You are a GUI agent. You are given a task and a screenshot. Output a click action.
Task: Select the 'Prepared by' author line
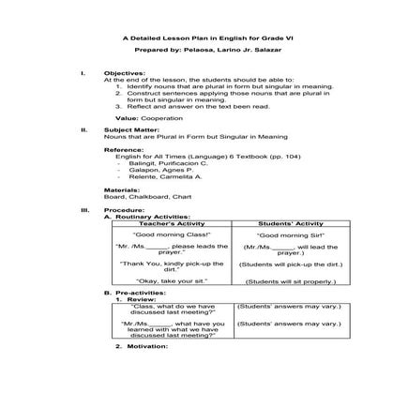click(x=196, y=53)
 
